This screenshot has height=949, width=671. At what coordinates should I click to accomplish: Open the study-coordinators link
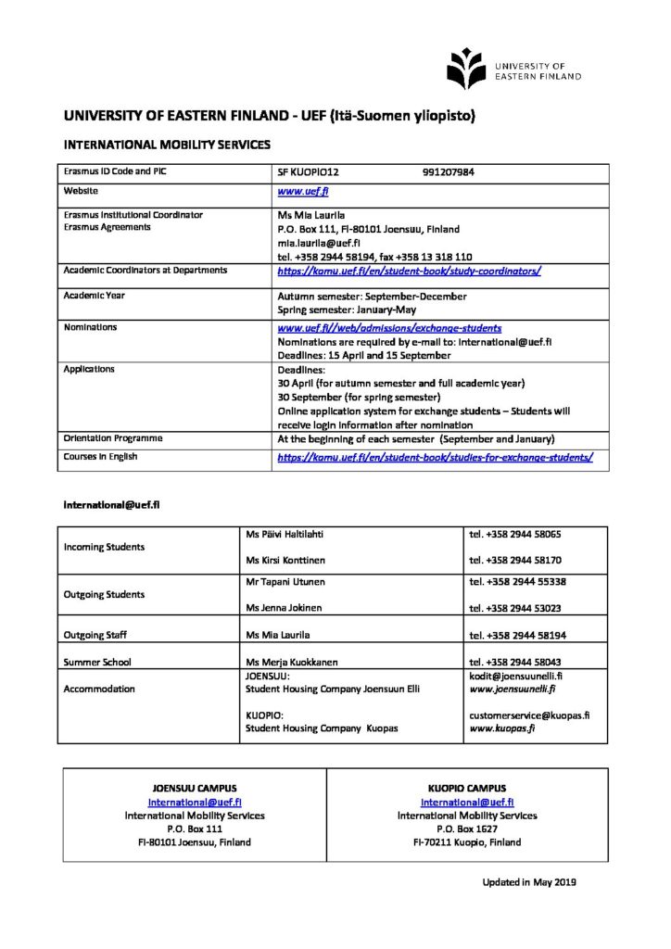(409, 272)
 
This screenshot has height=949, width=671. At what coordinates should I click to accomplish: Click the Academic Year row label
(94, 296)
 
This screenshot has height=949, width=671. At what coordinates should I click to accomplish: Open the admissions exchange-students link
(389, 328)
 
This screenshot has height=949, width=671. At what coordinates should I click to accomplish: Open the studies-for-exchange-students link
(435, 458)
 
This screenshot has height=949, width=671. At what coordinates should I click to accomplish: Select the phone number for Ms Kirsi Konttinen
(515, 561)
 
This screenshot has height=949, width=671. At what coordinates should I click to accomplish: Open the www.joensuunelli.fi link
(513, 690)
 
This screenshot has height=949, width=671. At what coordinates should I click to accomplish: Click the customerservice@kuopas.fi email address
(530, 715)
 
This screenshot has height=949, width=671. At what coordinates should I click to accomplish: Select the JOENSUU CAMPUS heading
(195, 788)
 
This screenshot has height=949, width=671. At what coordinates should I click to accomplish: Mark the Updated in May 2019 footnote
(528, 882)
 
